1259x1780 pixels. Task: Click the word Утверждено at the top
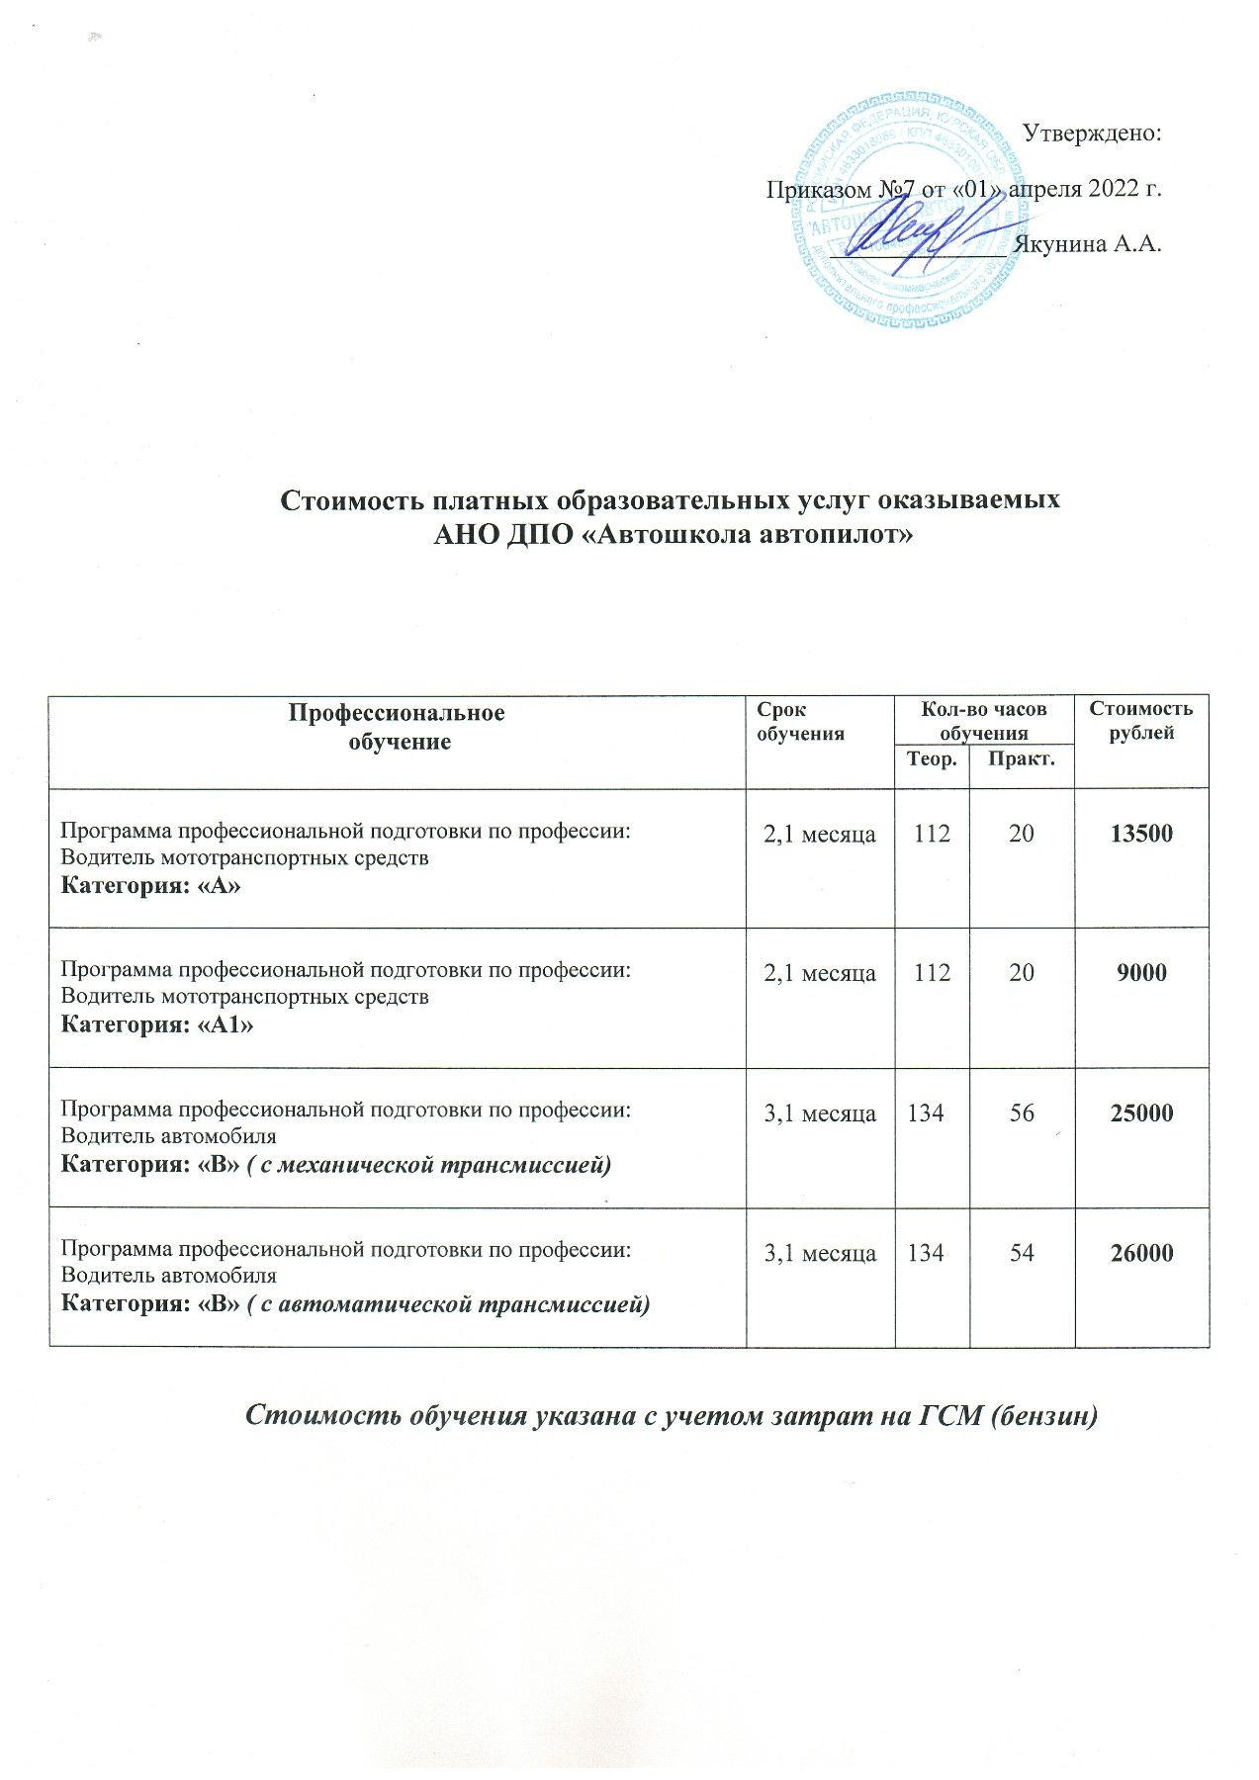(1091, 133)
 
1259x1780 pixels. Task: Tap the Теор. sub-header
(932, 759)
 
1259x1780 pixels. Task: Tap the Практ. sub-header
(1022, 759)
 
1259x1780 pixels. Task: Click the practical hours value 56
(1022, 1113)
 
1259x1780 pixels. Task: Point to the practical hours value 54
(1022, 1253)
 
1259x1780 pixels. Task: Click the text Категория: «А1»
(157, 1025)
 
